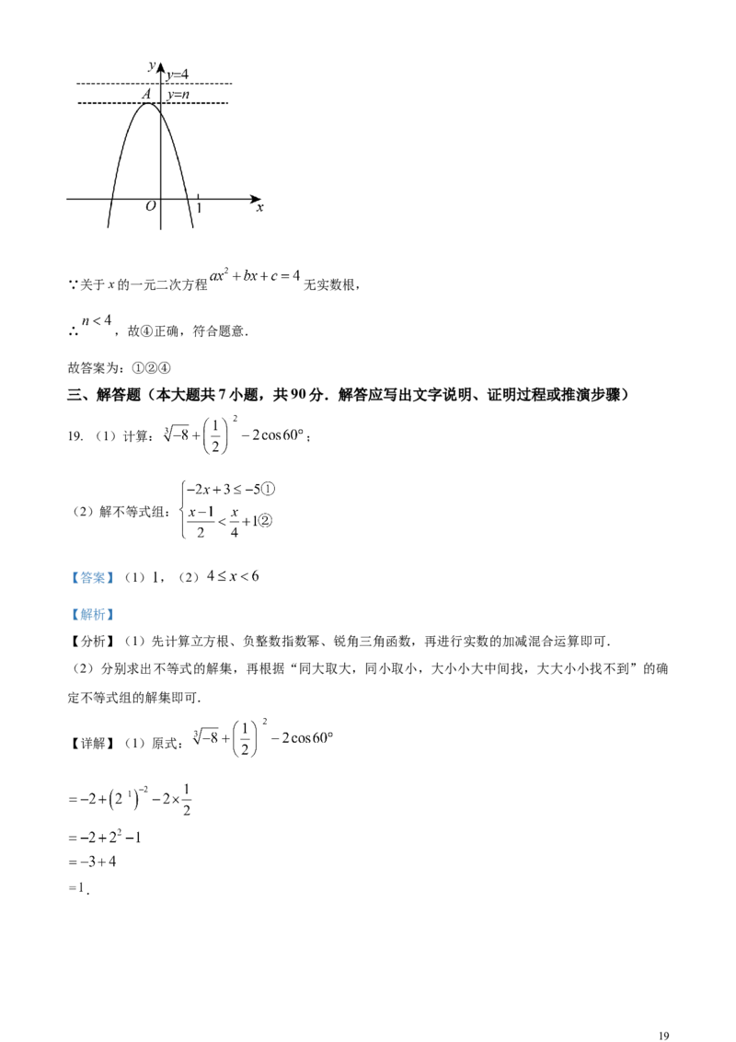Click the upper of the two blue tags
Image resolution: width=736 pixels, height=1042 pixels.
click(x=92, y=578)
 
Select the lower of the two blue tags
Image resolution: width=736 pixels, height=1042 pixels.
click(x=92, y=614)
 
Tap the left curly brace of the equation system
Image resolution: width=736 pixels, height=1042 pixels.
click(x=181, y=504)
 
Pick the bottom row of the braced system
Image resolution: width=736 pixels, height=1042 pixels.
click(x=226, y=521)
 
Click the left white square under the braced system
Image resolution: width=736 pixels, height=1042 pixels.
click(x=197, y=540)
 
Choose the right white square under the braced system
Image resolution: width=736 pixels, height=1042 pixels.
click(x=236, y=540)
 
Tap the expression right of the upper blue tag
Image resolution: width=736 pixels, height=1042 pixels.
click(x=236, y=576)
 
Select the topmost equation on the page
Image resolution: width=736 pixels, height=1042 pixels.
click(x=257, y=274)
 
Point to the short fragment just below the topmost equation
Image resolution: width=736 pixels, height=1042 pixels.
click(x=99, y=320)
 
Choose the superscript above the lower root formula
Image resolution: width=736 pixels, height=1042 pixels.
click(x=261, y=719)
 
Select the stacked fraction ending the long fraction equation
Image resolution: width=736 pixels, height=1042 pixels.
click(x=187, y=799)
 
